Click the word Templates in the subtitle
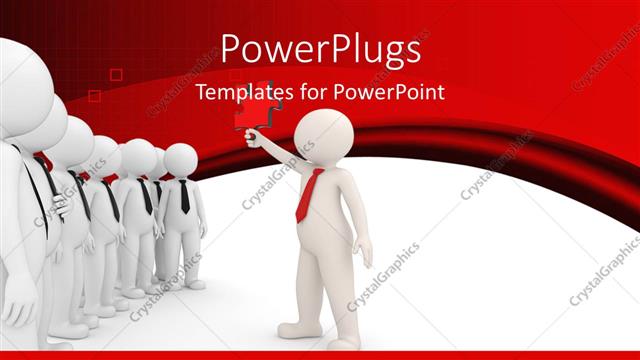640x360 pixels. [x=239, y=92]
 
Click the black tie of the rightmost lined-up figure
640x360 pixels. [x=184, y=196]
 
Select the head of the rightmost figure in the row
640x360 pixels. [x=181, y=159]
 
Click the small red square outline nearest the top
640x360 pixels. [x=116, y=74]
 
